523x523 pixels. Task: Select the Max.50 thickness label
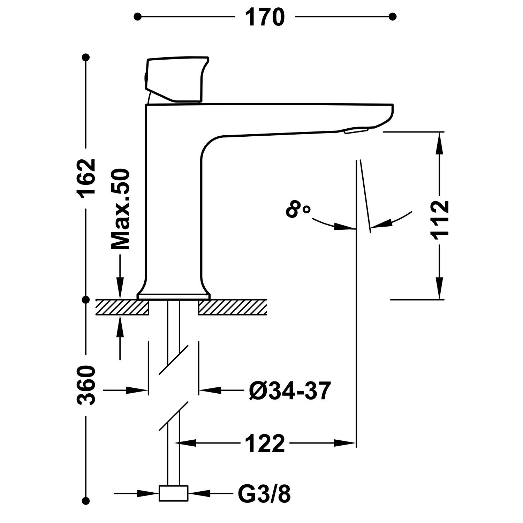[120, 210]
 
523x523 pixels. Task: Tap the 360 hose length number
[86, 385]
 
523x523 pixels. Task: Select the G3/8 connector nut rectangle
[173, 493]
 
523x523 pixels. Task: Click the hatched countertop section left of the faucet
[122, 307]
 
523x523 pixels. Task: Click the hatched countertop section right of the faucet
[233, 307]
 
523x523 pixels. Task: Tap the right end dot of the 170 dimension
[393, 16]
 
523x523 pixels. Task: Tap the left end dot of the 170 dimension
[138, 16]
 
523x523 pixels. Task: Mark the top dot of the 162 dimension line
[85, 57]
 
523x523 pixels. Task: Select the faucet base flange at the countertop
[174, 296]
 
